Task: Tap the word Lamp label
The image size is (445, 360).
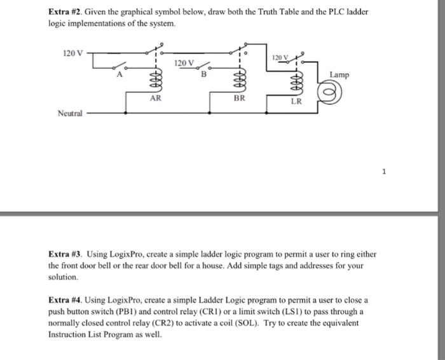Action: click(x=339, y=75)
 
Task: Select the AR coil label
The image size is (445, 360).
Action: click(x=155, y=99)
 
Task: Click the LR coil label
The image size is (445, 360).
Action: click(x=296, y=101)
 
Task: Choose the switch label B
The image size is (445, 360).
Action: click(x=203, y=76)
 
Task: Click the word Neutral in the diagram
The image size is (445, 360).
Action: click(x=70, y=113)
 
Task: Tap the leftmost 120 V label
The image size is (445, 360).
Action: click(x=73, y=53)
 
